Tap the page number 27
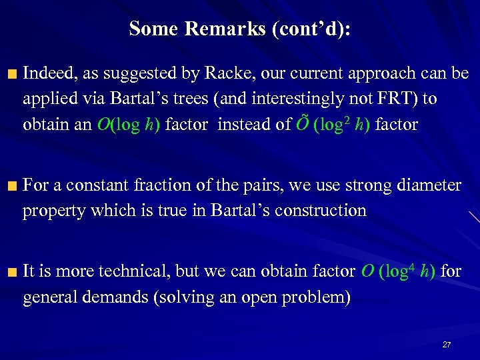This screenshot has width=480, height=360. [447, 345]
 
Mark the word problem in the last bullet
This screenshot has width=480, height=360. [317, 297]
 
